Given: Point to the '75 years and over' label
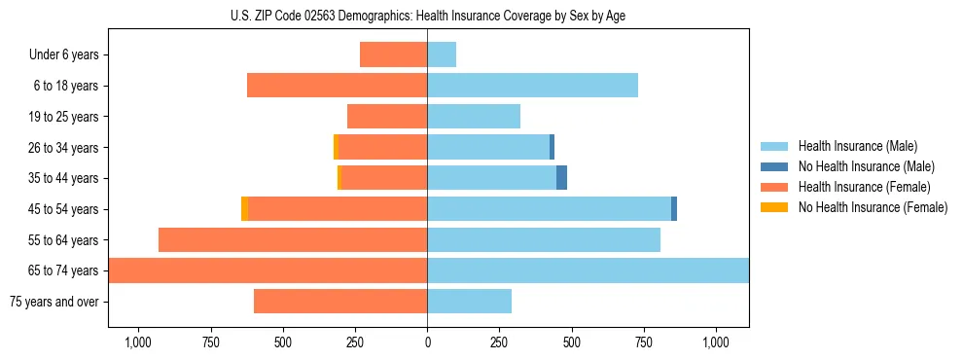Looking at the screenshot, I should point(54,302).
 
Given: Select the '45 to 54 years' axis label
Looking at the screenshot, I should point(63,209).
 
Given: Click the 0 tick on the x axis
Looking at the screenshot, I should point(427,342).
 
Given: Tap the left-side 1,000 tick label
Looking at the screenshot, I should point(137,342).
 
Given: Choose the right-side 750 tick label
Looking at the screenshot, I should point(643,342).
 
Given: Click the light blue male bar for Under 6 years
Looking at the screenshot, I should point(442,54).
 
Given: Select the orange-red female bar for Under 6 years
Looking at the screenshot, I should point(394,54).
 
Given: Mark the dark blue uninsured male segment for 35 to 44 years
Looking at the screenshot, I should point(561,178).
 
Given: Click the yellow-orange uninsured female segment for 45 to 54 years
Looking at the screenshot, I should point(244,209).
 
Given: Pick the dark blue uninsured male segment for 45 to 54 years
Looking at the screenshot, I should point(674,209).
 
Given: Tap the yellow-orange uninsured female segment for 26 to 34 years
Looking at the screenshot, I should point(336,147).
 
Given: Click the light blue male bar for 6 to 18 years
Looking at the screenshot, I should point(532,86).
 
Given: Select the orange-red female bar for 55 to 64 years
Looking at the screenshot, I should point(293,239).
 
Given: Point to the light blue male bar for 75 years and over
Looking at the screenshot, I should point(469,302).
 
